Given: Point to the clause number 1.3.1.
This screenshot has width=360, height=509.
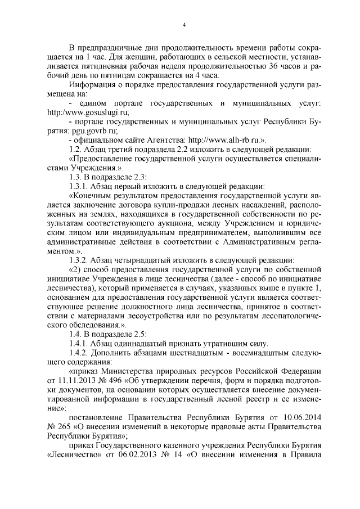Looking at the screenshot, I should coord(79,183).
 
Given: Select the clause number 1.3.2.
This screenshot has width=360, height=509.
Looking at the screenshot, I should coord(79,260).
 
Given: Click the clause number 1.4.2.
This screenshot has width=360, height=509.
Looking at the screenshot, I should coord(79,355).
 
